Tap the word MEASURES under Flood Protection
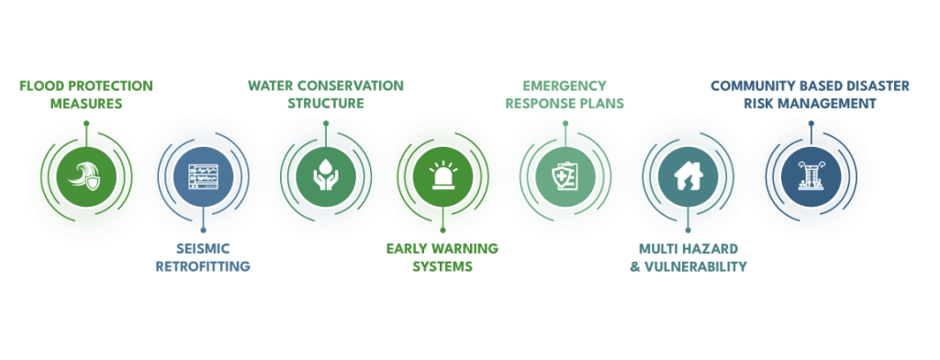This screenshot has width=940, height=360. click(x=85, y=104)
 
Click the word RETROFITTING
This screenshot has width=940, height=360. click(x=201, y=266)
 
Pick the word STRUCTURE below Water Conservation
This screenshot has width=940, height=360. click(x=326, y=104)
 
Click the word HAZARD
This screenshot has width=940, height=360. click(x=708, y=249)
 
